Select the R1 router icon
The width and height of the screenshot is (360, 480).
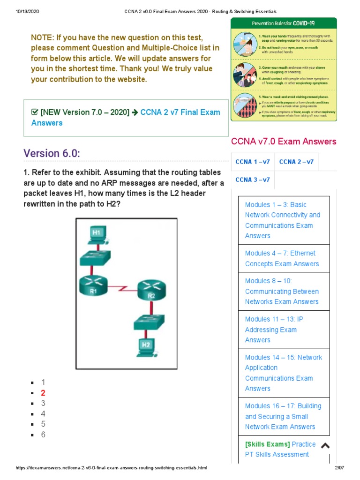pyautogui.click(x=94, y=285)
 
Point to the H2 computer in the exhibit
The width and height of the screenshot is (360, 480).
pyautogui.click(x=146, y=347)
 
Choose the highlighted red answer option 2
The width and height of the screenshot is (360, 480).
pyautogui.click(x=43, y=393)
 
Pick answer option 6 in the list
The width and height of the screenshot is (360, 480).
pyautogui.click(x=43, y=435)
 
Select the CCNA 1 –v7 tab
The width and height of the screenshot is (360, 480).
pyautogui.click(x=253, y=162)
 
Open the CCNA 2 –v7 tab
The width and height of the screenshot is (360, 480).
pyautogui.click(x=296, y=162)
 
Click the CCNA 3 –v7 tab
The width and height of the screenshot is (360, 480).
pyautogui.click(x=253, y=180)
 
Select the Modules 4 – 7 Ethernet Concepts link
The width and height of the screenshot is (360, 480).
pyautogui.click(x=282, y=258)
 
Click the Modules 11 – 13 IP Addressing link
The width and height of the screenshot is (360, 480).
pyautogui.click(x=274, y=330)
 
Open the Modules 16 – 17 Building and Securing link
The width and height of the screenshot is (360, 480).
pyautogui.click(x=283, y=416)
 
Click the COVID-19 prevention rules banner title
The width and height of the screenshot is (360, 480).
pyautogui.click(x=283, y=23)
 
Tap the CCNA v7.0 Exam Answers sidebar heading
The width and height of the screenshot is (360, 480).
pyautogui.click(x=284, y=142)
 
